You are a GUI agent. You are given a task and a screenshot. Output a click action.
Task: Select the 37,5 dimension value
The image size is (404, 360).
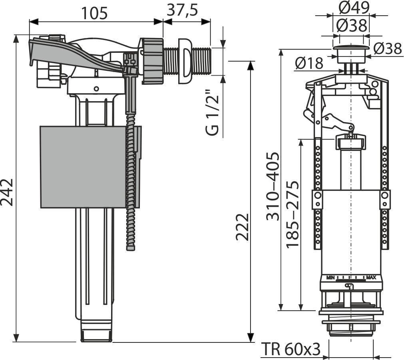(182, 10)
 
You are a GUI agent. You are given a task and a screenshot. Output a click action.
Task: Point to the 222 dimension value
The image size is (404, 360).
(243, 227)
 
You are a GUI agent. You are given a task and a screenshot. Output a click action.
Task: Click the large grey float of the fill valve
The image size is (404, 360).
(84, 167)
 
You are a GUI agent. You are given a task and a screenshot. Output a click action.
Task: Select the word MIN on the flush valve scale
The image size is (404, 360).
(330, 277)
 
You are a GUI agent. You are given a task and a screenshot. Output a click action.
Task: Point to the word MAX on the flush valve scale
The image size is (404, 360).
(371, 277)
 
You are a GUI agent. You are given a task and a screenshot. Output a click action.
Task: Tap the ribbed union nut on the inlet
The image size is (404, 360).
(152, 61)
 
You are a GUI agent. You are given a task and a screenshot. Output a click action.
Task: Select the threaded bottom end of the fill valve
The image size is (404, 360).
(96, 335)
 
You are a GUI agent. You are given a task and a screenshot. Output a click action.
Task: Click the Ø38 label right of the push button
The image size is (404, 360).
(388, 49)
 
